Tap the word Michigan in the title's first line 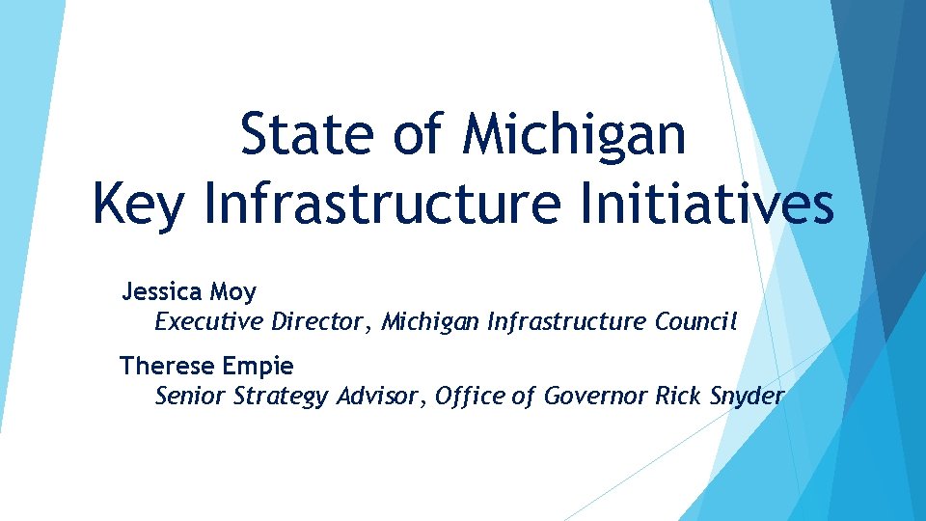575,135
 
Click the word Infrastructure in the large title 382,205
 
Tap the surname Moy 233,291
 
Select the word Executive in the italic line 208,321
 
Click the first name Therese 165,366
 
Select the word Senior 191,396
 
